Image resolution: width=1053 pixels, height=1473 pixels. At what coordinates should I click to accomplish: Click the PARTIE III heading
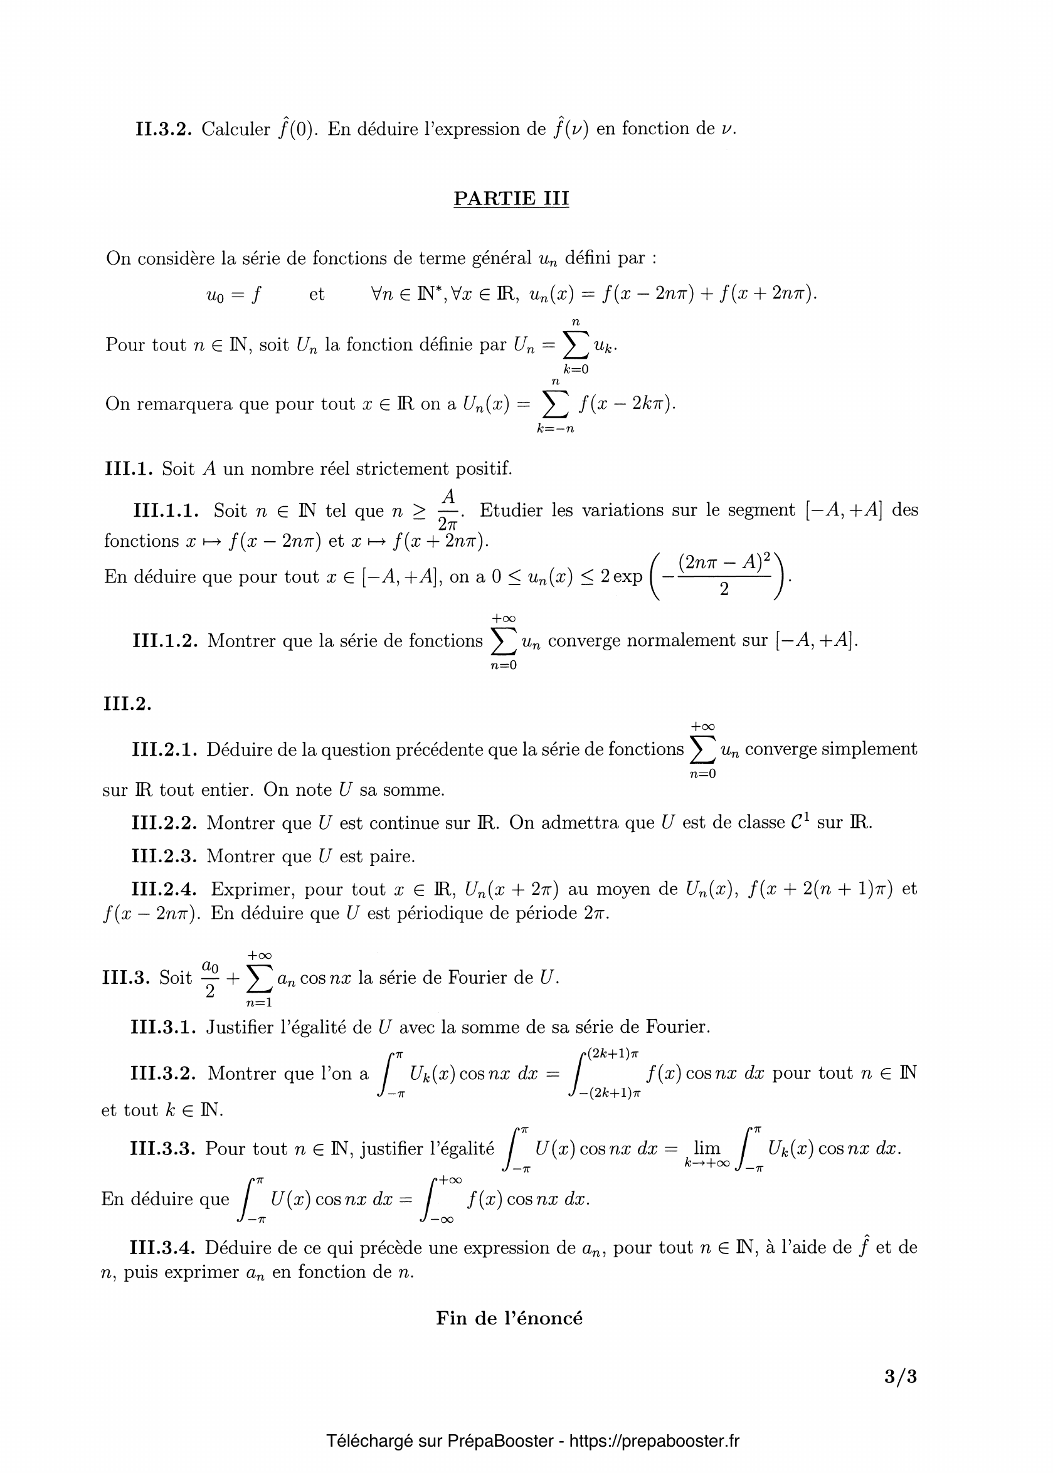click(511, 198)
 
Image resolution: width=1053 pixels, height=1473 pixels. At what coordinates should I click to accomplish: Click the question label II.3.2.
click(164, 129)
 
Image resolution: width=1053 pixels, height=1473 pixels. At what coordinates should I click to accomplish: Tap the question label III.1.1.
click(166, 511)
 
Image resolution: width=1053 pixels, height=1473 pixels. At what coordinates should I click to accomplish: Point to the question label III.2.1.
click(164, 750)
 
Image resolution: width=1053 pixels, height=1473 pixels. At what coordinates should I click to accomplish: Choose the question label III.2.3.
click(164, 857)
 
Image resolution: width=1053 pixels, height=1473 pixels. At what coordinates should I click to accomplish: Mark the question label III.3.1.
click(164, 1028)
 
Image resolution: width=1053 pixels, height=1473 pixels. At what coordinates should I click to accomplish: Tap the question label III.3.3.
click(163, 1149)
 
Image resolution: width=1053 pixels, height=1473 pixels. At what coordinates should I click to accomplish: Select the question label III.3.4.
click(163, 1247)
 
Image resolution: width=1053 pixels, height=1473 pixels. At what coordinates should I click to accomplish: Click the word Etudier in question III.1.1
click(511, 511)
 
